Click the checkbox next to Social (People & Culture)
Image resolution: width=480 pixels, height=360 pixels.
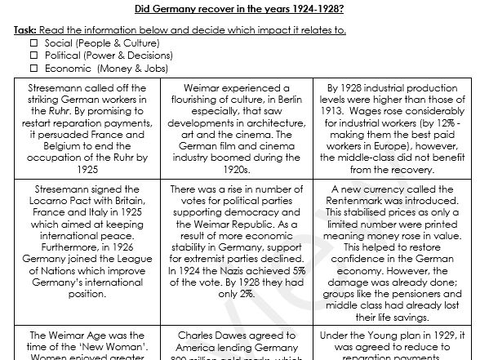coord(34,43)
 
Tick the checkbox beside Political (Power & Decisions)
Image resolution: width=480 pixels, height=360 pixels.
coord(34,56)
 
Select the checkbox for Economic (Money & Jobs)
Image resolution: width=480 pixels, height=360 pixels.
coord(34,69)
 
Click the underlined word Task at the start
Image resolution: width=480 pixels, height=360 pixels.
coord(25,30)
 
